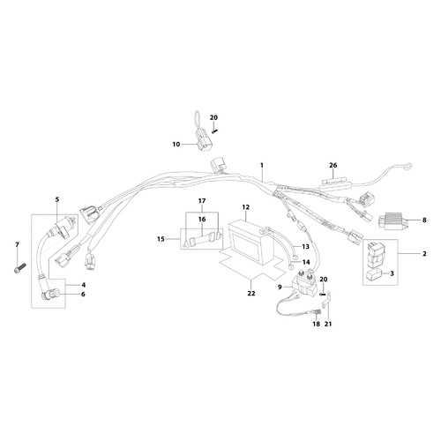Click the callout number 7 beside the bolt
click(x=17, y=244)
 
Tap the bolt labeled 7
click(x=20, y=268)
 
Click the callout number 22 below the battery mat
click(x=251, y=294)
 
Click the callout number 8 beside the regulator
click(x=424, y=220)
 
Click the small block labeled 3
click(x=374, y=274)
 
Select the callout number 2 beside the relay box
click(x=424, y=253)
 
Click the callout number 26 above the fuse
click(x=333, y=165)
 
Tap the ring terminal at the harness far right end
click(x=407, y=167)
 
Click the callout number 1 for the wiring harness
click(x=262, y=165)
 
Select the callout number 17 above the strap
click(x=202, y=201)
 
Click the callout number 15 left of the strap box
click(x=161, y=239)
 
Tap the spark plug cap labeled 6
click(x=52, y=294)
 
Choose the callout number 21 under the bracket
click(x=328, y=324)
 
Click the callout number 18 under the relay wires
click(x=316, y=324)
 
